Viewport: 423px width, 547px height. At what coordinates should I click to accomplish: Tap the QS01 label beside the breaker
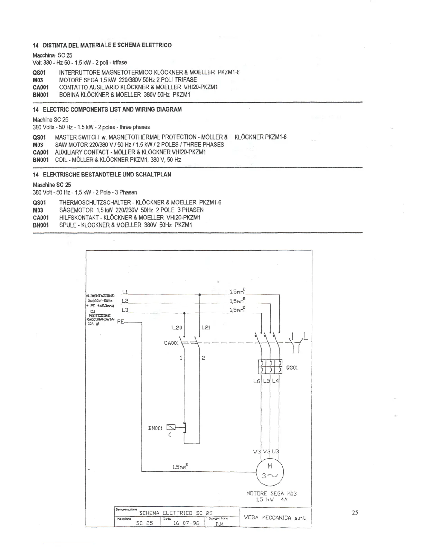click(x=292, y=367)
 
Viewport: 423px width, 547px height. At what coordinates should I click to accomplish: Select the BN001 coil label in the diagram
click(x=155, y=428)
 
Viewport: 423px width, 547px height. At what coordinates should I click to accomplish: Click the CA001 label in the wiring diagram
click(x=171, y=343)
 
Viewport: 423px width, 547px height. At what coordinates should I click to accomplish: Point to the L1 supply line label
click(x=125, y=292)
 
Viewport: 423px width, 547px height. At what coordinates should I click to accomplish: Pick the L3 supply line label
click(x=125, y=310)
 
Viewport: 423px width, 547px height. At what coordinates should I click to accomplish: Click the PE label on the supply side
click(x=121, y=322)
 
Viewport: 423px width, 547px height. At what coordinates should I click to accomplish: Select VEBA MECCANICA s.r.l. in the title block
click(x=275, y=517)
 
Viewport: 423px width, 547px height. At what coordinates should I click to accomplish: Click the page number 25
click(x=355, y=512)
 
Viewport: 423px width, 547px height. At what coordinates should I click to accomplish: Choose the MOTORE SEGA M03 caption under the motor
click(x=271, y=493)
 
